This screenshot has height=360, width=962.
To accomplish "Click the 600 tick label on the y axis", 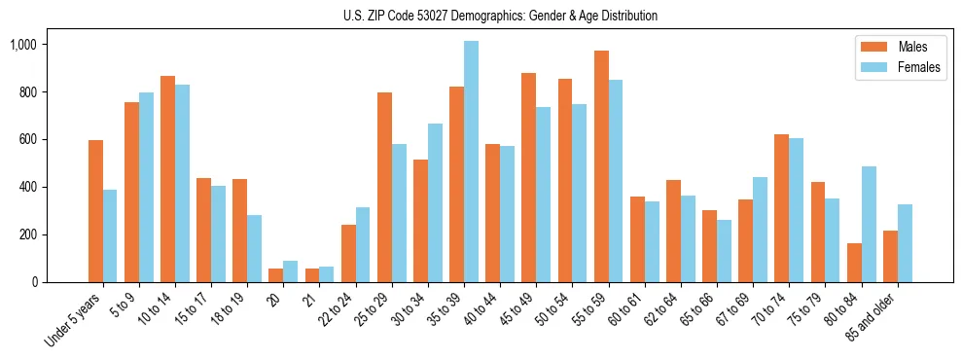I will pos(26,140).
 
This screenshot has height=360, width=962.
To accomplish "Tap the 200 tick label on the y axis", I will pos(26,235).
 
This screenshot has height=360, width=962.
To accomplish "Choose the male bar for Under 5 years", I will pos(95,211).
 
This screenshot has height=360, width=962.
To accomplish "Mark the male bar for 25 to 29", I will pos(384,187).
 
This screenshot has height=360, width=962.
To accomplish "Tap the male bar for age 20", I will pos(276,275).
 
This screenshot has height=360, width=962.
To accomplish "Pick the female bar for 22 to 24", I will pos(363,244).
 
